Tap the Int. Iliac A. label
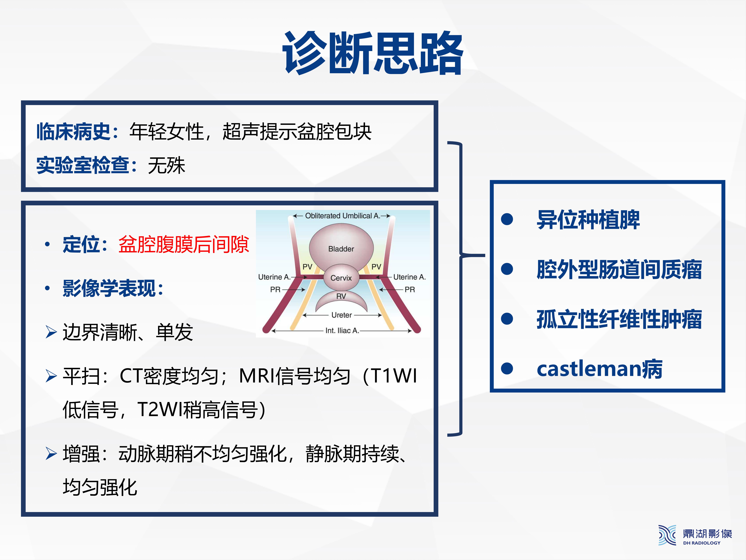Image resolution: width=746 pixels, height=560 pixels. click(342, 330)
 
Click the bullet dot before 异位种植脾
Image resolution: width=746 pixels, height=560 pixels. click(507, 219)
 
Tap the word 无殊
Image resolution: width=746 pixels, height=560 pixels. click(167, 165)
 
